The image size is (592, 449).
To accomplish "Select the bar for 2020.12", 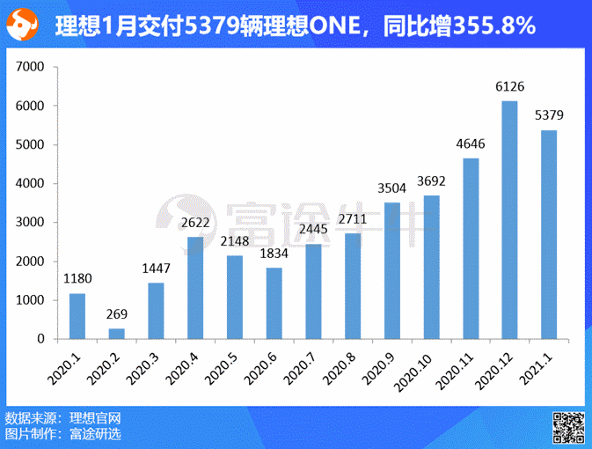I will point(509,220).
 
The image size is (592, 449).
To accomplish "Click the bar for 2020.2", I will point(117,334).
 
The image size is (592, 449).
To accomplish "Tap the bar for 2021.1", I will point(549,234).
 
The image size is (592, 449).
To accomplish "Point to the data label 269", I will point(117,314).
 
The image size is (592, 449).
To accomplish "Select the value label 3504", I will point(392,188).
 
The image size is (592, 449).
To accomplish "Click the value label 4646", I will point(471,144).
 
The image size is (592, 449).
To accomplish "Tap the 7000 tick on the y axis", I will point(32,67).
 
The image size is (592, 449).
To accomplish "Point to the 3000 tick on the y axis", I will point(32,223).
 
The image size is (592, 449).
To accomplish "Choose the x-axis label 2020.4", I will point(184,368).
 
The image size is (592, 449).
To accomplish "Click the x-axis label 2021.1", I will point(536,368).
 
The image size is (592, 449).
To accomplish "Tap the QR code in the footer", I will point(568,427).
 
